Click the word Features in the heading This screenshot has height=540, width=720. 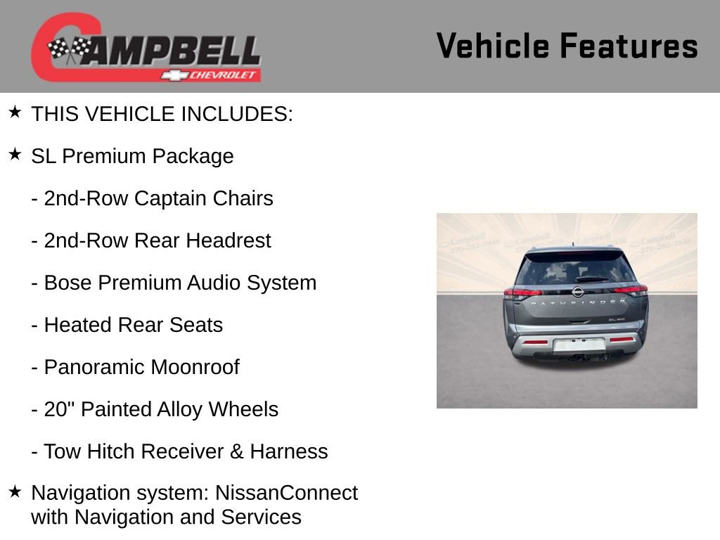[x=629, y=46]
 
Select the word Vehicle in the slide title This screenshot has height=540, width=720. [x=492, y=46]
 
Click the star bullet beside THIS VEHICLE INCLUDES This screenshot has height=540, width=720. [x=15, y=112]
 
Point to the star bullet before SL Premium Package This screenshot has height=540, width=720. [x=15, y=155]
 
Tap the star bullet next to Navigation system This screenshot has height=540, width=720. [x=15, y=492]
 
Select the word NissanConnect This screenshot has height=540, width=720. [x=286, y=493]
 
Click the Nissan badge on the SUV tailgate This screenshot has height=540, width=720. [x=578, y=292]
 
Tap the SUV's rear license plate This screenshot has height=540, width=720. [x=579, y=345]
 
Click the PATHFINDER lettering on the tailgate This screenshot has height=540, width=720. [x=577, y=302]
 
